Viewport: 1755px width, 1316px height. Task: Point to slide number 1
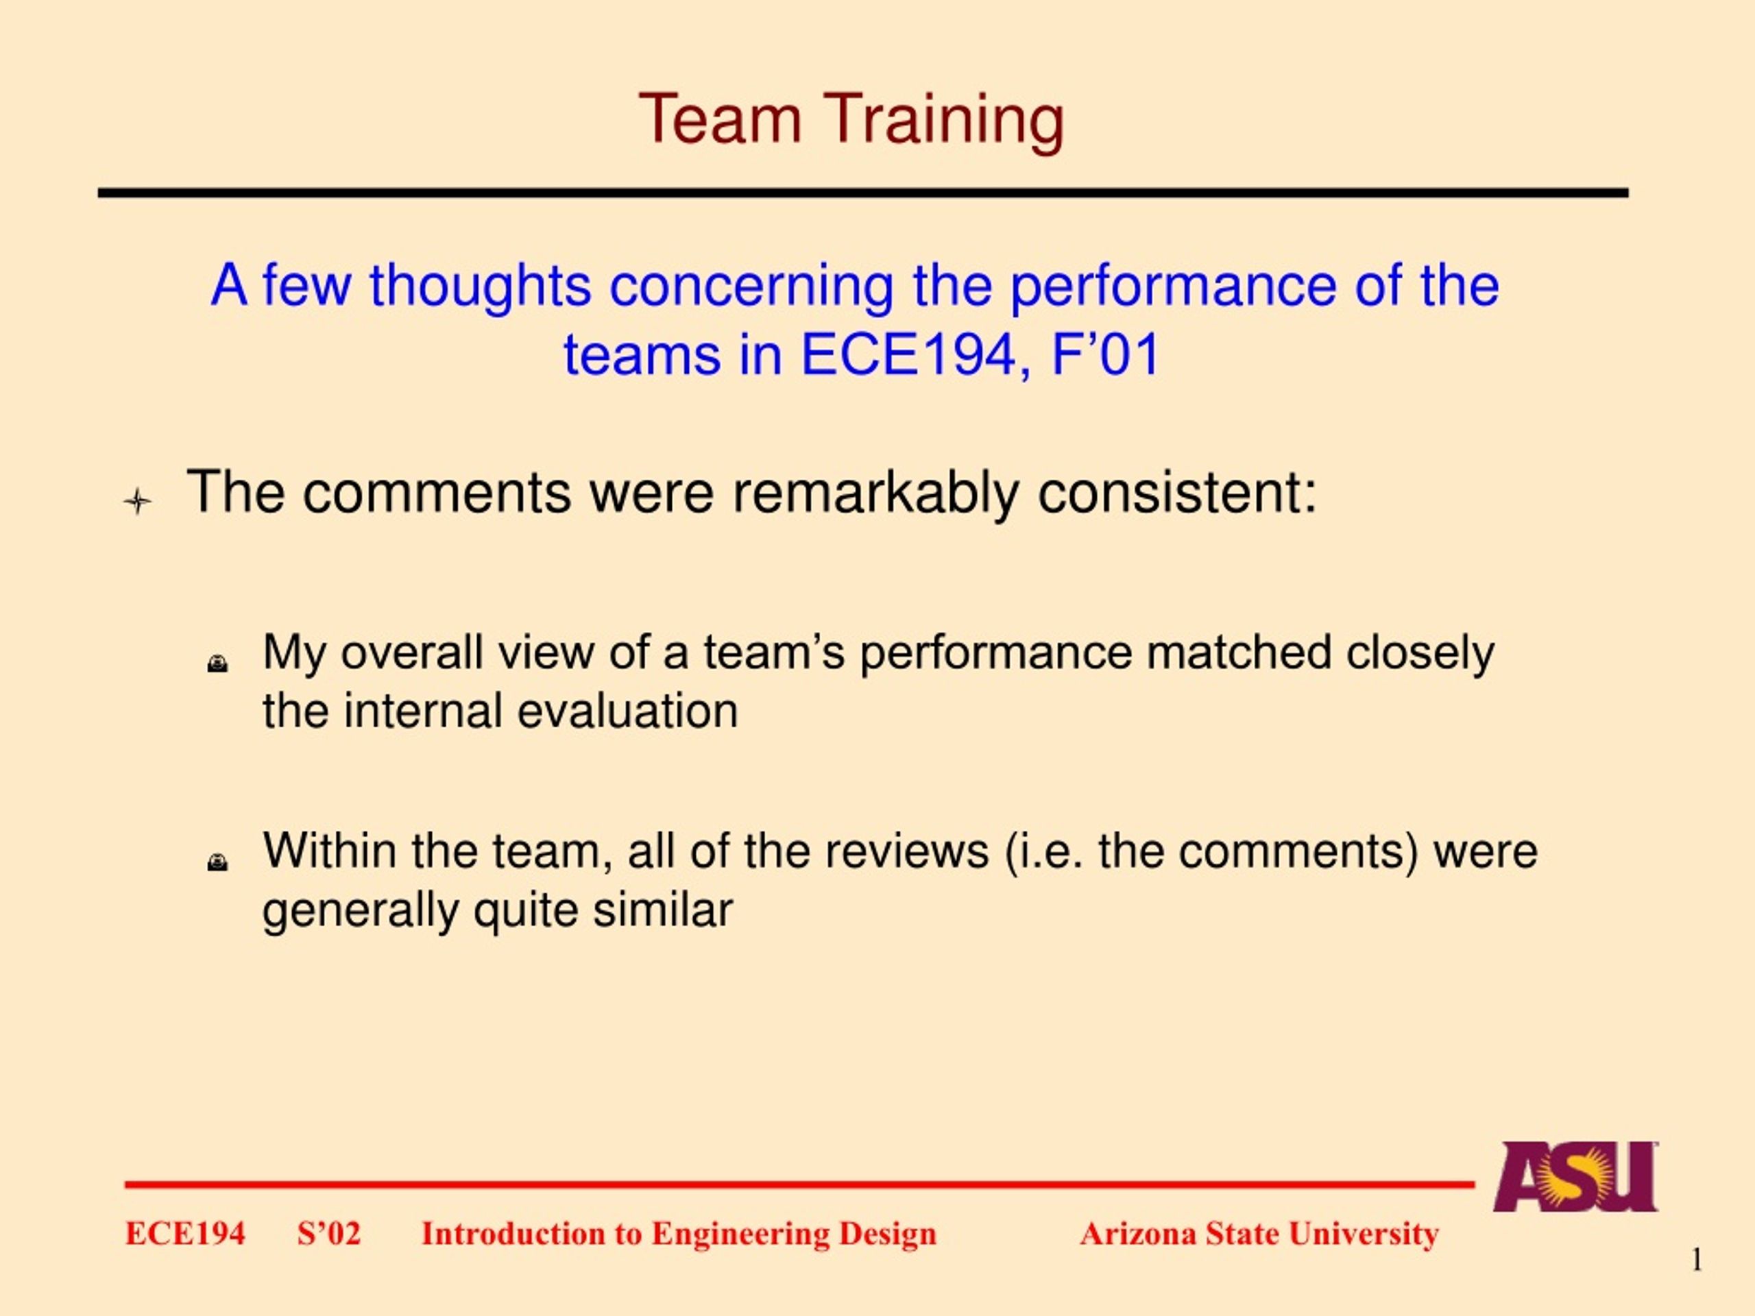[1695, 1260]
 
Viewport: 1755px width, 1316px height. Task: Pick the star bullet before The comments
[137, 501]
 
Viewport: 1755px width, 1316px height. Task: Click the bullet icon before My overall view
[217, 663]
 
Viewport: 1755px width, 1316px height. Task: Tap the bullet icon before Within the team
[217, 862]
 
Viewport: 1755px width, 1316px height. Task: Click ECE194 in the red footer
[185, 1234]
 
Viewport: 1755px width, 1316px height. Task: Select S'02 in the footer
[329, 1234]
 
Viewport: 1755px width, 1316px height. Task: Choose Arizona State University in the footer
[1259, 1234]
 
